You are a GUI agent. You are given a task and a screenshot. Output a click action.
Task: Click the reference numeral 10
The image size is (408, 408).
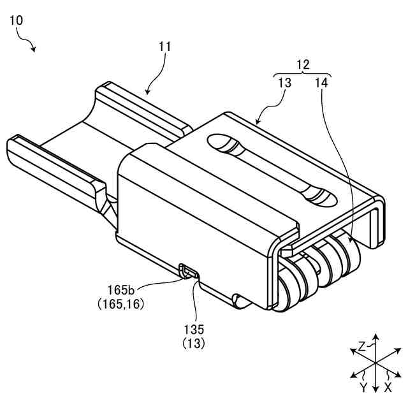(x=17, y=20)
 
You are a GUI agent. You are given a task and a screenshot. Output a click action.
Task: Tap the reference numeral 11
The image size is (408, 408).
(x=165, y=46)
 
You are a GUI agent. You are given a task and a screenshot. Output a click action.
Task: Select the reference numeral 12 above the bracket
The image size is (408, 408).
(x=303, y=64)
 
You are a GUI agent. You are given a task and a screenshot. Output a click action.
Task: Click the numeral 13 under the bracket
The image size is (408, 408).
(x=284, y=82)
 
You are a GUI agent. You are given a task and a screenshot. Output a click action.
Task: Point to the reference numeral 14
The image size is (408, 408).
(x=321, y=82)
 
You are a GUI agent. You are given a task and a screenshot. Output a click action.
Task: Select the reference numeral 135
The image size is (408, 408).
(x=193, y=330)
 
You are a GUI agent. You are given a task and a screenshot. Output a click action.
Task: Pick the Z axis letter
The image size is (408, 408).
(x=361, y=347)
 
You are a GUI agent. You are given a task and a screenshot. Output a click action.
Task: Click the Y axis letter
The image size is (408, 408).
(x=363, y=387)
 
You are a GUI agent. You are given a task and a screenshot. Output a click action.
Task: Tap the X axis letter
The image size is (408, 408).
(x=388, y=387)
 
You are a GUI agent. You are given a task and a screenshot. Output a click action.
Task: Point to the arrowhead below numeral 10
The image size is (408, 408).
(x=34, y=49)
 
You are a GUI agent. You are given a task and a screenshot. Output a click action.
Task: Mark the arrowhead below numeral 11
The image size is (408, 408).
(x=148, y=92)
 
